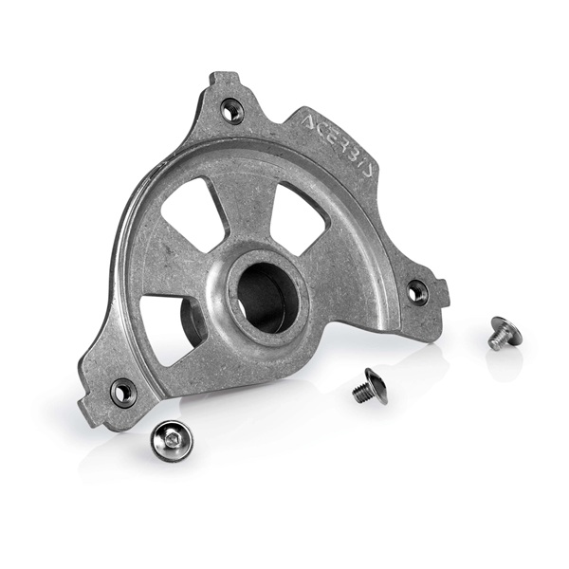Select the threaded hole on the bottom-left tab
(123, 390)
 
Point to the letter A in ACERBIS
(308, 121)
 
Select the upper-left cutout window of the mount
(193, 214)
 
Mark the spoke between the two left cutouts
(166, 275)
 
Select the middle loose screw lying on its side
(369, 387)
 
